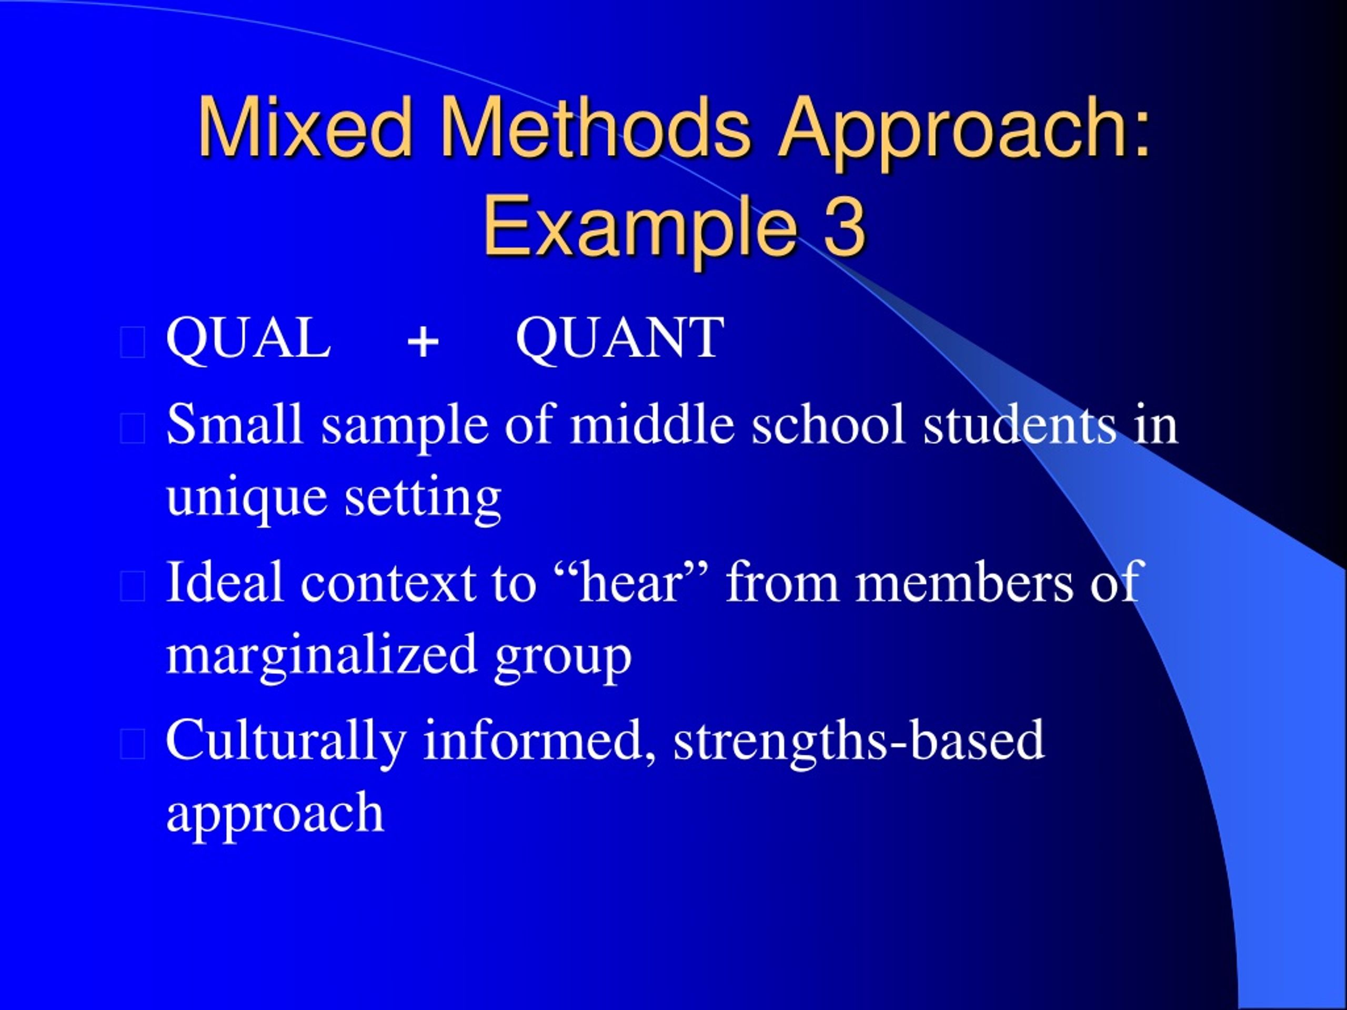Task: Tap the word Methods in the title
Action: pyautogui.click(x=595, y=128)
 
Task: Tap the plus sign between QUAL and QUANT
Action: pyautogui.click(x=423, y=341)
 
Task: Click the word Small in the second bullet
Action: pyautogui.click(x=235, y=425)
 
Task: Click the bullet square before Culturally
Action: pyautogui.click(x=133, y=744)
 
